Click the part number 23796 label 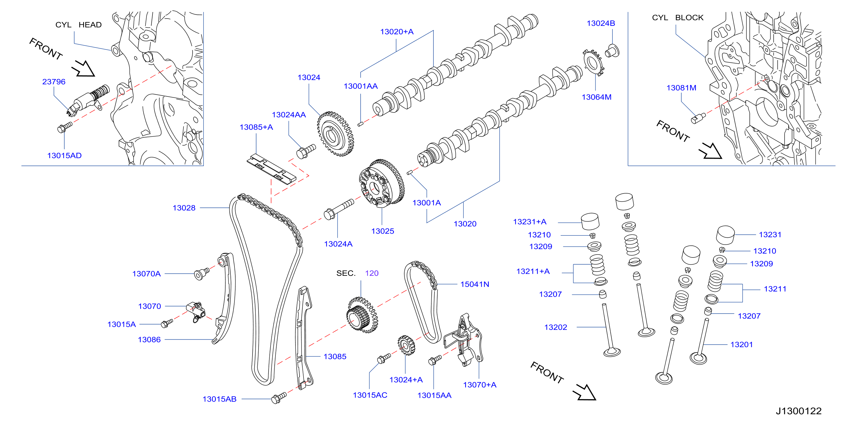click(x=54, y=82)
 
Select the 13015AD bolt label click(x=64, y=156)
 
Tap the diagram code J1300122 click(x=799, y=411)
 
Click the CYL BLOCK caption click(x=678, y=17)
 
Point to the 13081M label click(x=681, y=88)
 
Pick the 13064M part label click(x=596, y=97)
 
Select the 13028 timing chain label click(x=184, y=208)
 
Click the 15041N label click(x=475, y=284)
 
